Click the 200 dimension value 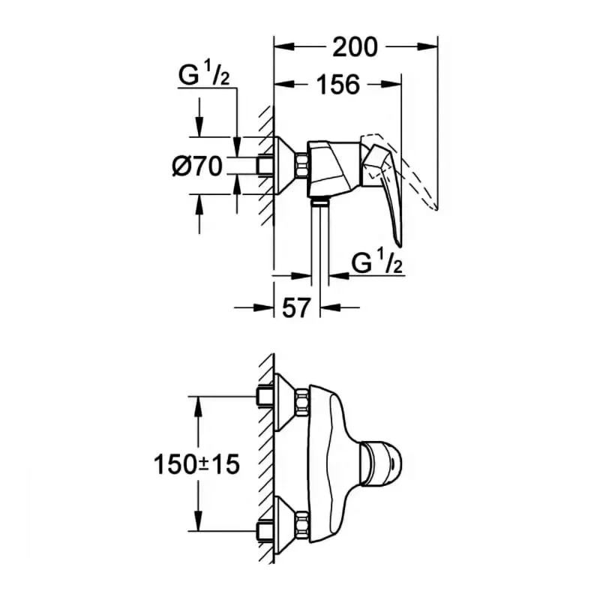355,47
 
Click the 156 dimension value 339,85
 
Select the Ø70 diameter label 197,166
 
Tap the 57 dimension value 295,307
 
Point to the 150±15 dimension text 196,464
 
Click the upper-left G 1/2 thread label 204,74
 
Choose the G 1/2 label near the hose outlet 377,262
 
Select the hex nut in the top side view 302,165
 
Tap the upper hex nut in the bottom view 302,401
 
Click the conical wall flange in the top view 285,165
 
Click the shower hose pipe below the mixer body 320,241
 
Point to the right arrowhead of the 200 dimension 427,46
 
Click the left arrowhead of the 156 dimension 285,84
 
